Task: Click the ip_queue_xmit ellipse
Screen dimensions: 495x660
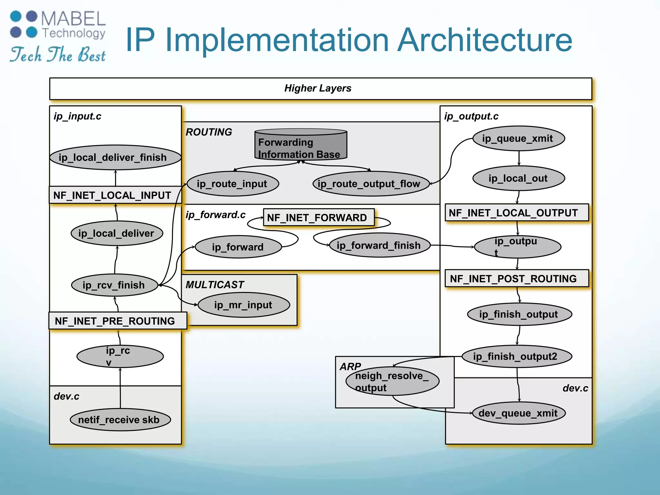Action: tap(519, 139)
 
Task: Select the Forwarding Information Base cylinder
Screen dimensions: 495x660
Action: tap(301, 145)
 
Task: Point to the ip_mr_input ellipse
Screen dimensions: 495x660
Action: tap(244, 305)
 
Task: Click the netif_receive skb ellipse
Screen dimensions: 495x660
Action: tap(120, 420)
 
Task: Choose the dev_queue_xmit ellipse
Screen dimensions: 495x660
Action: tap(519, 413)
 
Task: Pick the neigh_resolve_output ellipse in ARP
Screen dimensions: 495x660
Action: tap(392, 381)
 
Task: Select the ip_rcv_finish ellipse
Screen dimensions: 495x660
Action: tap(114, 285)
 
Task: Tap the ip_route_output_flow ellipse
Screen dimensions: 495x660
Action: tap(371, 184)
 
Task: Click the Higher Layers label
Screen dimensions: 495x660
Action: tap(318, 88)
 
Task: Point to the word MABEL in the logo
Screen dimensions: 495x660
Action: tap(73, 19)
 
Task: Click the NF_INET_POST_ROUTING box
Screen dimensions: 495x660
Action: tap(516, 278)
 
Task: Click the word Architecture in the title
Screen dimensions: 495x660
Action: tap(484, 40)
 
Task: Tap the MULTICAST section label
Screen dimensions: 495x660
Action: tap(215, 285)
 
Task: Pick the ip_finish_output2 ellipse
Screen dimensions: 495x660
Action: tap(517, 356)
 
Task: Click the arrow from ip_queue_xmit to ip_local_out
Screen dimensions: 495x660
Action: tap(519, 159)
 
